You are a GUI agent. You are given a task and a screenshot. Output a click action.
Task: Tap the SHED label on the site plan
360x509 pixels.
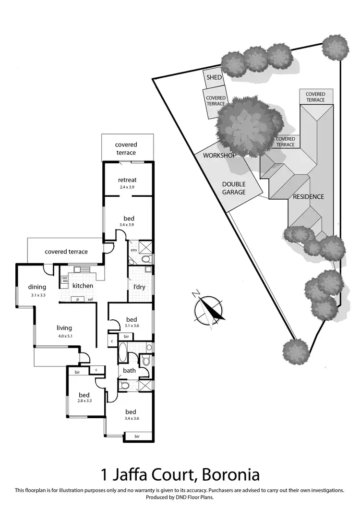tap(214, 78)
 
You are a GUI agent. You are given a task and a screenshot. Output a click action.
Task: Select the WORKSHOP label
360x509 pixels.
tap(218, 156)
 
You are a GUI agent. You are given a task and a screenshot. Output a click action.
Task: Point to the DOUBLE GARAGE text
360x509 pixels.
tap(234, 188)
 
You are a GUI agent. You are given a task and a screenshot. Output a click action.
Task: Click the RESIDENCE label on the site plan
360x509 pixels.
tap(309, 196)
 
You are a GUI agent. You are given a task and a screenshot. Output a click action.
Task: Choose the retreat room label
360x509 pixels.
tap(127, 180)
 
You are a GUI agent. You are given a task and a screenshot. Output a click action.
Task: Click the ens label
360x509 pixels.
tap(134, 250)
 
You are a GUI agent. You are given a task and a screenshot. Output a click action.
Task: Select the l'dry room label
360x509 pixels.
tap(140, 287)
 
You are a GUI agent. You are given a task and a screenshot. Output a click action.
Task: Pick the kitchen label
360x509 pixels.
tap(83, 286)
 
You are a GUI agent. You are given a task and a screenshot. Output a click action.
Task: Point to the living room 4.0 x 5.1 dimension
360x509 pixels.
tap(64, 335)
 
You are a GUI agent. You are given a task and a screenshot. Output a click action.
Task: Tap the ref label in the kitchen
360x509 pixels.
tap(90, 300)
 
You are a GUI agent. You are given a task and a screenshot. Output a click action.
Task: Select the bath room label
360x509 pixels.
tap(129, 370)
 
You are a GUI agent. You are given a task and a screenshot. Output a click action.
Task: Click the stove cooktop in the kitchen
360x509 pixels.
tap(64, 278)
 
